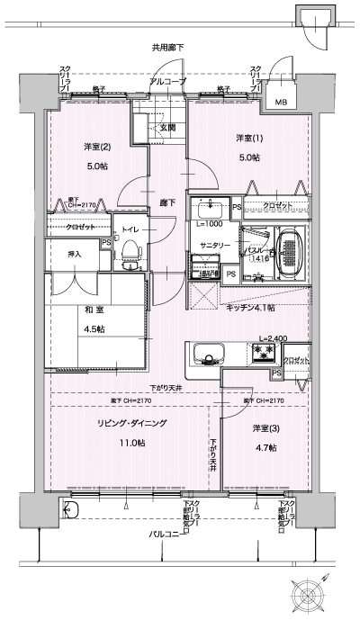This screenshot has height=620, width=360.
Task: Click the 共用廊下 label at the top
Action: coord(168,46)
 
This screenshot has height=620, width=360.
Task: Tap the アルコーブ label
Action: coord(168,81)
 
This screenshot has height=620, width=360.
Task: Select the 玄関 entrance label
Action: coord(168,128)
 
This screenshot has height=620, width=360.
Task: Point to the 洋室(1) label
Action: coord(248,138)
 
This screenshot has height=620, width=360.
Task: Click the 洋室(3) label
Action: coord(265,427)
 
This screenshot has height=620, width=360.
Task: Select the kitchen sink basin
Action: coord(204,353)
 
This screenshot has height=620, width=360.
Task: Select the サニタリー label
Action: coord(213,244)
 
